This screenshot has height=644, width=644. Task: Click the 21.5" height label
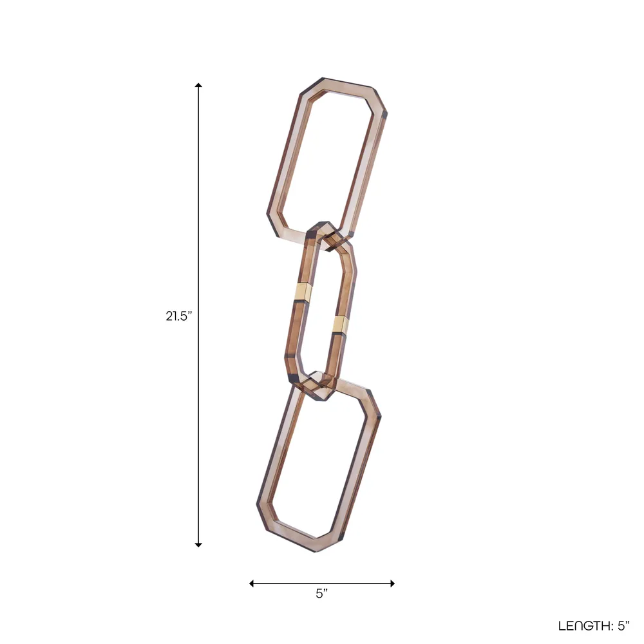click(x=178, y=316)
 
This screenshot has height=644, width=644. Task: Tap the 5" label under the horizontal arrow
click(x=322, y=594)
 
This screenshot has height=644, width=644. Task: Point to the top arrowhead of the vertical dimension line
click(x=198, y=86)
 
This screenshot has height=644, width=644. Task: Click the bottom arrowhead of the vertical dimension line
click(x=198, y=545)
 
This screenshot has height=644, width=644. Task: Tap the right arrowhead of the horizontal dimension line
click(x=392, y=583)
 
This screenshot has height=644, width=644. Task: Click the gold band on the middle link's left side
click(x=303, y=292)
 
